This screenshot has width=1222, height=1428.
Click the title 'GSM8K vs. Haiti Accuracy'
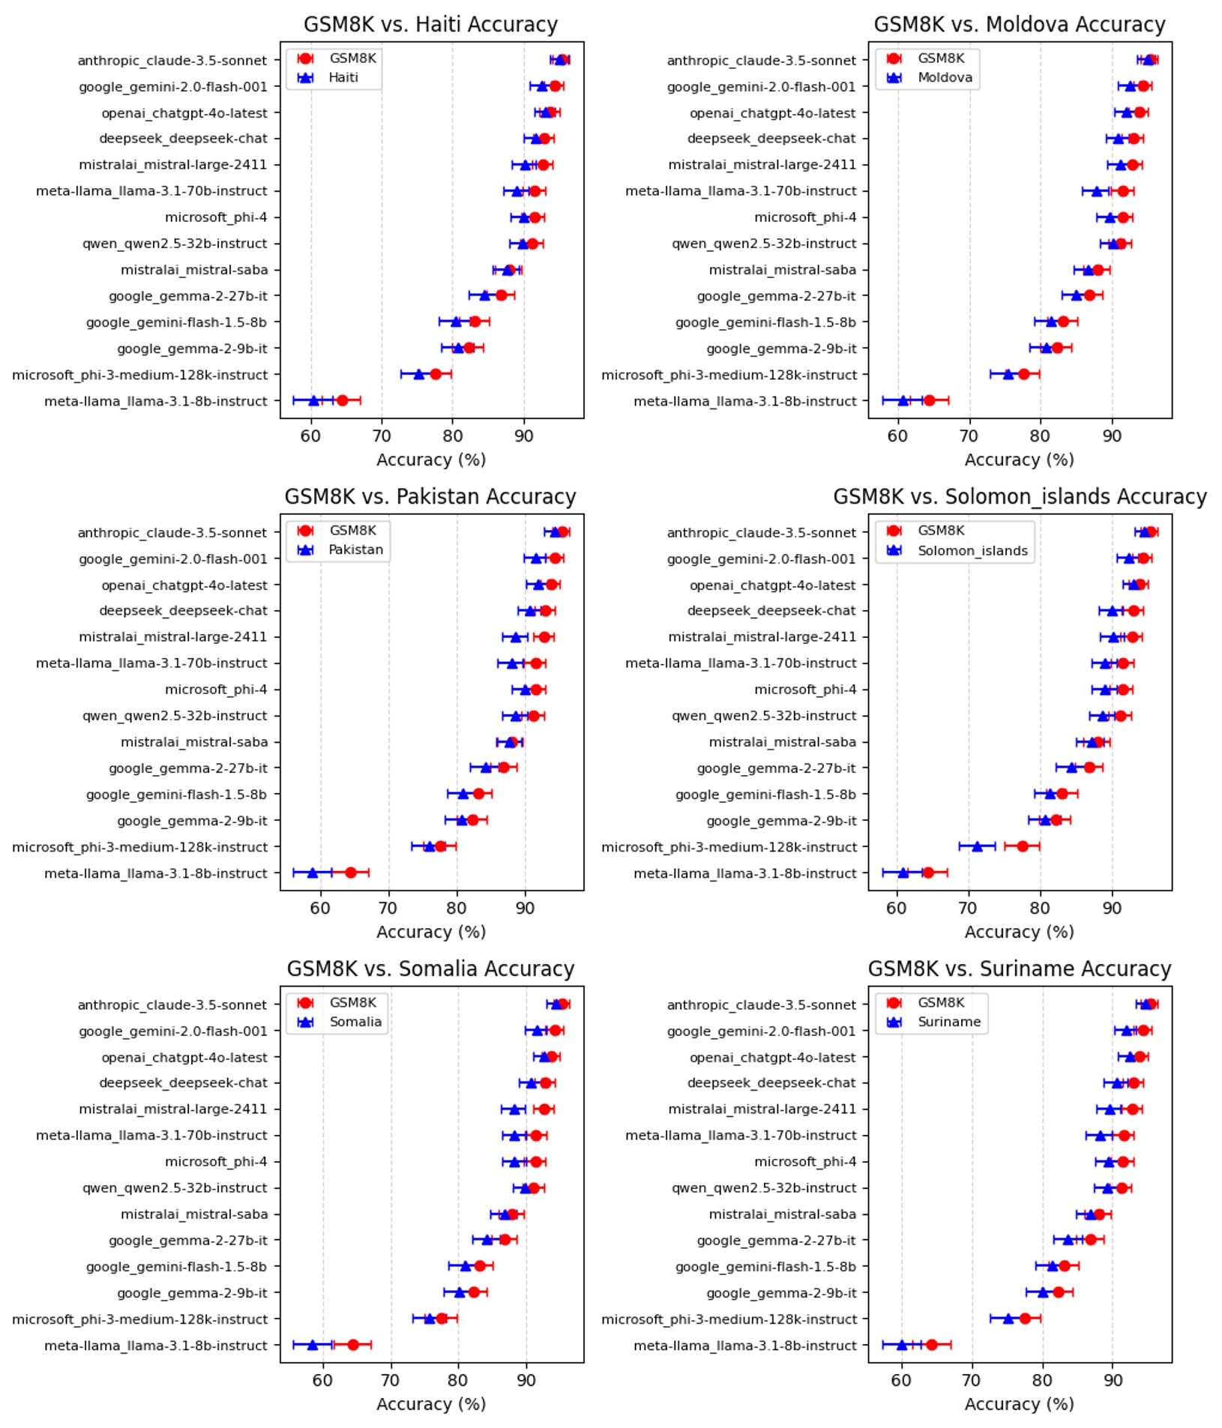click(430, 25)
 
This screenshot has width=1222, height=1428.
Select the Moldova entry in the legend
click(945, 77)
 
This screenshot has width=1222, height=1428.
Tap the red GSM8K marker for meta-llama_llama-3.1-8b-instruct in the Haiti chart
click(342, 400)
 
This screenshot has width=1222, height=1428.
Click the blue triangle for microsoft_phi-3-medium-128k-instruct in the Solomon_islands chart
click(977, 846)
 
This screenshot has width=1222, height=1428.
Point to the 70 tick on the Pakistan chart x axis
click(388, 908)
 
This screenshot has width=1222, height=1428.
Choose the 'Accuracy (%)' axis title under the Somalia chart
click(430, 1404)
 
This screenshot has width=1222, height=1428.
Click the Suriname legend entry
click(948, 1022)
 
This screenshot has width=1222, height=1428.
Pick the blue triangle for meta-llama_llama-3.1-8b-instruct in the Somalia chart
click(313, 1345)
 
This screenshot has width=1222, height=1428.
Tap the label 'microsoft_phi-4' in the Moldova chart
click(804, 217)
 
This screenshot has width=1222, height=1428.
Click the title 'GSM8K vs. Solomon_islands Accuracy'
click(1020, 497)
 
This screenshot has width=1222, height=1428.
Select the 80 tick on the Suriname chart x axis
click(1043, 1380)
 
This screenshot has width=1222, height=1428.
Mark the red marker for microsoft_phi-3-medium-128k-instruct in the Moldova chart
click(1023, 374)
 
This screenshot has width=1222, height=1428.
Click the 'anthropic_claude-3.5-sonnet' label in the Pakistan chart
click(172, 533)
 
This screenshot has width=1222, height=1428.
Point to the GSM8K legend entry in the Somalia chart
click(352, 1002)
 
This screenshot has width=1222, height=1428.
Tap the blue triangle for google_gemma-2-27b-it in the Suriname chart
click(1068, 1240)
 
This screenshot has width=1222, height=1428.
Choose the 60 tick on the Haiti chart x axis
click(311, 436)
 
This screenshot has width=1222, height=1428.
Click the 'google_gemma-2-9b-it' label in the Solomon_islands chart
click(780, 821)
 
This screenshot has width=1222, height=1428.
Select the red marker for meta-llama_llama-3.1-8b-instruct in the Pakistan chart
click(350, 873)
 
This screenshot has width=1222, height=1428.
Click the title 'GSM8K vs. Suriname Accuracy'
click(1020, 969)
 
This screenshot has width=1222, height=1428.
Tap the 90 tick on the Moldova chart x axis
click(1112, 436)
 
